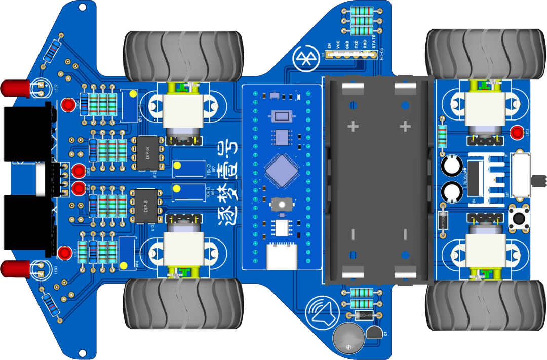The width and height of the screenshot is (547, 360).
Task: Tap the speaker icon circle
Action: [321, 310]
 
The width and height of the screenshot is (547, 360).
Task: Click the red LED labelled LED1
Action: [517, 133]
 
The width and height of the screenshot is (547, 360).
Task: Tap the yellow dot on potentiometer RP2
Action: [177, 165]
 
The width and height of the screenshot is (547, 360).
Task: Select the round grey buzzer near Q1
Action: [348, 338]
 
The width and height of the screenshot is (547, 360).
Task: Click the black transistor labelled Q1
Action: [374, 333]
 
